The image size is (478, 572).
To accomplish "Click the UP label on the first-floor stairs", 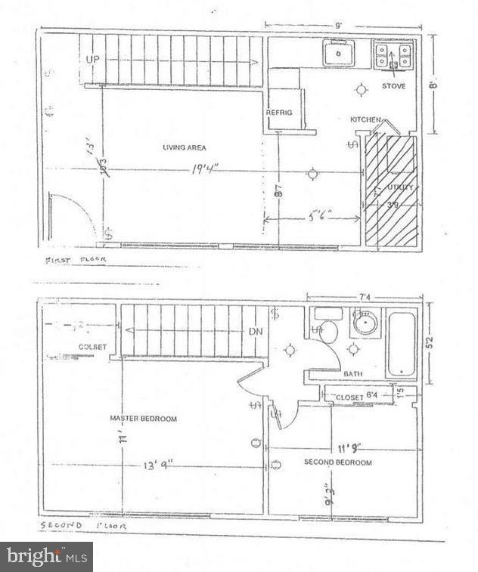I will (93, 59).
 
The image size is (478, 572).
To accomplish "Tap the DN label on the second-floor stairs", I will (256, 331).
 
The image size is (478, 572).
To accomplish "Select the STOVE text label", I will (393, 86).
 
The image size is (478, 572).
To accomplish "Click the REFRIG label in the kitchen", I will (279, 113).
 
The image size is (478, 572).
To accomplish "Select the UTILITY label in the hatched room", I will (400, 187).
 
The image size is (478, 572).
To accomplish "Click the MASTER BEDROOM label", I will (143, 419).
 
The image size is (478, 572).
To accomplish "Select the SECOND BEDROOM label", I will (337, 462).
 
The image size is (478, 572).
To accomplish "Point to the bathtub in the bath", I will (399, 347).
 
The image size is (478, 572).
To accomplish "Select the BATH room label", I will (352, 374).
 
